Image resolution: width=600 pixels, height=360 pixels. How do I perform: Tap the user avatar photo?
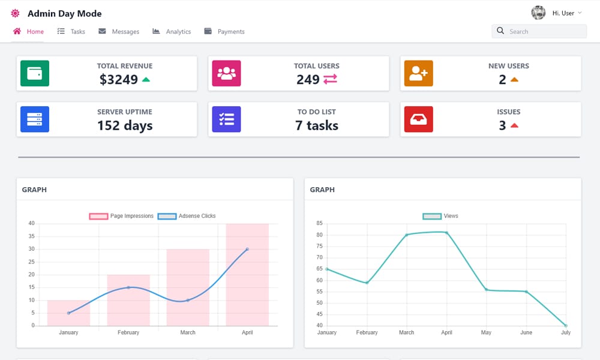click(x=538, y=13)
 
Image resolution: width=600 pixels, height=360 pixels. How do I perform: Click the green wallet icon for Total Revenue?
click(x=35, y=73)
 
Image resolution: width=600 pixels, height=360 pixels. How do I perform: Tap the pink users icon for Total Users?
click(x=227, y=73)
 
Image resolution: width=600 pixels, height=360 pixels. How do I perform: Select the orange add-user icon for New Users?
click(x=418, y=73)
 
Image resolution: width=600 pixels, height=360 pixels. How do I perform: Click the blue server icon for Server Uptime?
click(x=35, y=119)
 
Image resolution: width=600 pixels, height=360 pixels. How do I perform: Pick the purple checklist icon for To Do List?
click(x=227, y=119)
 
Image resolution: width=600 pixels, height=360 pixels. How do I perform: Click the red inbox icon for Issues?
click(x=418, y=119)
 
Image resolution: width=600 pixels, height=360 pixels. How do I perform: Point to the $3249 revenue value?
click(x=119, y=79)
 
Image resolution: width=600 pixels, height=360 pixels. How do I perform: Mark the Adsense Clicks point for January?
click(x=68, y=313)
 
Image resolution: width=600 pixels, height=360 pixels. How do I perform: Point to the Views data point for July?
click(x=566, y=326)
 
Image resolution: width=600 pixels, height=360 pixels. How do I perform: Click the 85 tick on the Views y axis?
click(x=319, y=224)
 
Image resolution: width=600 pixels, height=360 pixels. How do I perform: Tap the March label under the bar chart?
click(x=188, y=332)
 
